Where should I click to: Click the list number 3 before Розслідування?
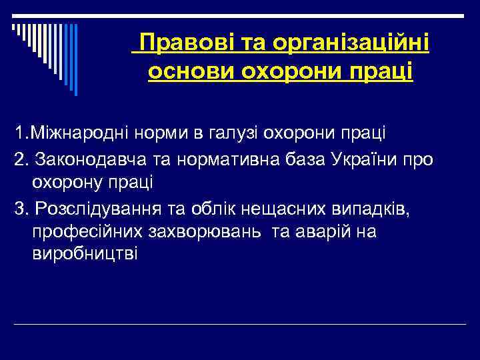pyautogui.click(x=19, y=209)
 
